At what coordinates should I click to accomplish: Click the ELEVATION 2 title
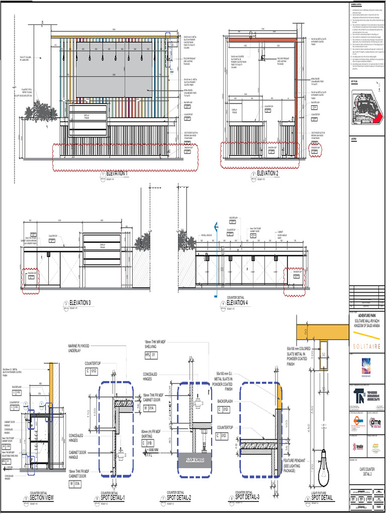[267, 173]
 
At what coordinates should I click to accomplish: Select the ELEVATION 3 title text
[80, 303]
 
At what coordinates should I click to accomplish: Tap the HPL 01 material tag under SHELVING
[151, 354]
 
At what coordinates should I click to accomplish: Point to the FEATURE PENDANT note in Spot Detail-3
[297, 463]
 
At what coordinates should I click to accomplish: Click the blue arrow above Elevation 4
[216, 226]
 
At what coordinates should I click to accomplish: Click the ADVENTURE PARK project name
[366, 315]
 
